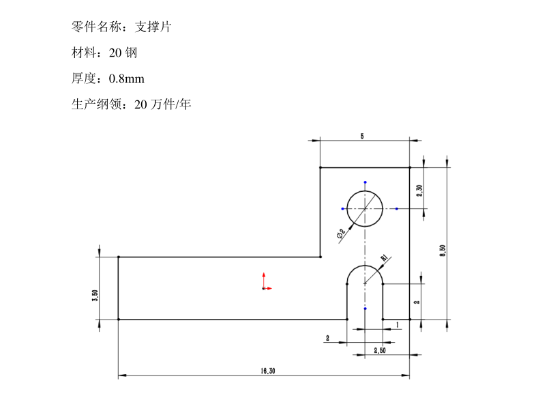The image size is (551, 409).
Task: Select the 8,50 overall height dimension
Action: (x=443, y=250)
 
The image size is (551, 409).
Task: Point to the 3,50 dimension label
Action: (x=95, y=295)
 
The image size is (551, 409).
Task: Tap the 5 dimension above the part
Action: (x=362, y=137)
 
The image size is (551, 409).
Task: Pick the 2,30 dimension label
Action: (x=420, y=191)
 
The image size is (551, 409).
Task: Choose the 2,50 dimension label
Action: (x=380, y=350)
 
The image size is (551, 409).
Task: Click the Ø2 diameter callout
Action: (x=341, y=233)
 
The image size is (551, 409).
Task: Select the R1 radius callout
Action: (x=384, y=258)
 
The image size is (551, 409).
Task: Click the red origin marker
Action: (x=265, y=287)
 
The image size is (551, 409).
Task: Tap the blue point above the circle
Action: (x=366, y=182)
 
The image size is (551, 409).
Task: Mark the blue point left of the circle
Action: (x=342, y=208)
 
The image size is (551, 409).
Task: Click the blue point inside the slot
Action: (x=366, y=309)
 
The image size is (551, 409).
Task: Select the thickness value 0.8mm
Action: (x=127, y=79)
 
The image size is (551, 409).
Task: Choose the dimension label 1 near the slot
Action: (x=397, y=325)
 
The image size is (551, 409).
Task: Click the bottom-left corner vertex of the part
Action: (x=119, y=319)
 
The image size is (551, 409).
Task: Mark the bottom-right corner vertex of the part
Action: (x=410, y=319)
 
